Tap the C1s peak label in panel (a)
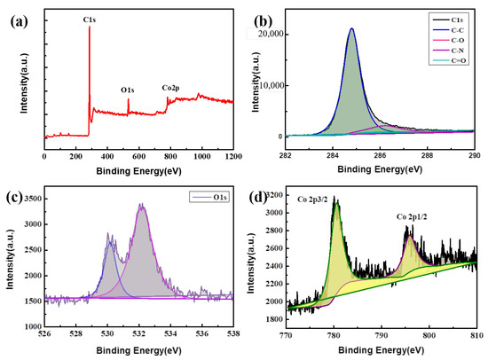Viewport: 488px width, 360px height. pyautogui.click(x=89, y=18)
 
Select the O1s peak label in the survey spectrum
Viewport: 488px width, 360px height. pyautogui.click(x=130, y=90)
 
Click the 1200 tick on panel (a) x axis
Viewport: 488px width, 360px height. pyautogui.click(x=233, y=156)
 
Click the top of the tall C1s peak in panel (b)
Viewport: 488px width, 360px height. pyautogui.click(x=351, y=28)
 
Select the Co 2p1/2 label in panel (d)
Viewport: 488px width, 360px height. pyautogui.click(x=415, y=215)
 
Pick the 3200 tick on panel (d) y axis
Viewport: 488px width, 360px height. pyautogui.click(x=272, y=193)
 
